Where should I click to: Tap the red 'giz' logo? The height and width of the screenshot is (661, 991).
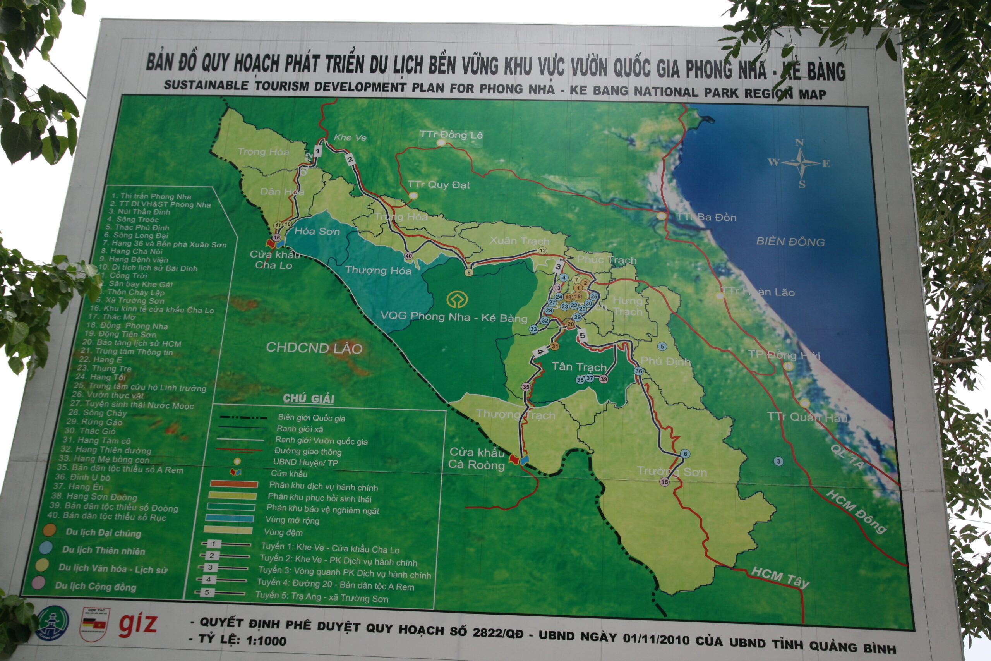pyautogui.click(x=137, y=624)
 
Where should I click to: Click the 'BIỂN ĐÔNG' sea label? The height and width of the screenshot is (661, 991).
pyautogui.click(x=790, y=242)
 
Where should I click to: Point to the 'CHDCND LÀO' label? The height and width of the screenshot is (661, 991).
pyautogui.click(x=314, y=348)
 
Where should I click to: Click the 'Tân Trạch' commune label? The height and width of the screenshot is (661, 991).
pyautogui.click(x=579, y=367)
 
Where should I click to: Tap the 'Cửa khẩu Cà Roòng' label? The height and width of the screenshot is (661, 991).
pyautogui.click(x=477, y=458)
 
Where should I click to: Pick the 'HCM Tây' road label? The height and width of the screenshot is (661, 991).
pyautogui.click(x=780, y=577)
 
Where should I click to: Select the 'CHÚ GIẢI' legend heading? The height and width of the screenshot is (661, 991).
pyautogui.click(x=309, y=398)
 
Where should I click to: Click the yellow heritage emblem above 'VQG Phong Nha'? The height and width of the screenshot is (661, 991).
pyautogui.click(x=457, y=299)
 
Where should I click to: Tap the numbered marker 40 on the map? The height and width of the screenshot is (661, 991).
pyautogui.click(x=408, y=256)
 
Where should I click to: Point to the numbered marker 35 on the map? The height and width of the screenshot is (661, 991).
pyautogui.click(x=526, y=386)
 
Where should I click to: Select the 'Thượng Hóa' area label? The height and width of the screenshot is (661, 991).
pyautogui.click(x=378, y=270)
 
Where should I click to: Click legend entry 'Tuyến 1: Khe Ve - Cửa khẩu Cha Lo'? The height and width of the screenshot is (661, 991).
pyautogui.click(x=329, y=548)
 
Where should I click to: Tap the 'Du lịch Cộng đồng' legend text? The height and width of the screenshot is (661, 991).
pyautogui.click(x=96, y=586)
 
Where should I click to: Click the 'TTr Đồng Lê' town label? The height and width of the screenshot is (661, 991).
pyautogui.click(x=451, y=135)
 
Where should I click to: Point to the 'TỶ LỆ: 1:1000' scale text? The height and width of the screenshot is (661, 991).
pyautogui.click(x=242, y=640)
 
